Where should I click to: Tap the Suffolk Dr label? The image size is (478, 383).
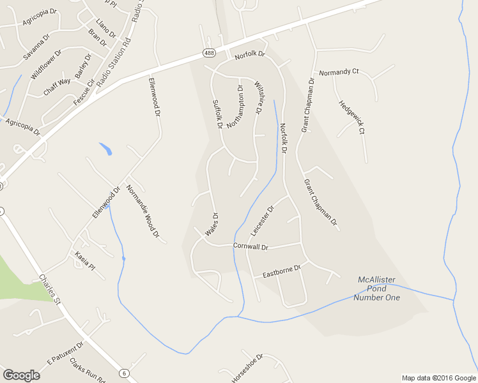(218, 113)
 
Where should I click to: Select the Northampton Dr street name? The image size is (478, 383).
(235, 107)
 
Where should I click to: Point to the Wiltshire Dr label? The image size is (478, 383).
(259, 98)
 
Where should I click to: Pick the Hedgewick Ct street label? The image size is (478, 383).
(352, 117)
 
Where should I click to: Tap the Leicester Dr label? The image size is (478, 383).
(262, 221)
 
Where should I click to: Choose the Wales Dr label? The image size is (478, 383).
(212, 226)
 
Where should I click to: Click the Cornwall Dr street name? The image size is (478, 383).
(251, 246)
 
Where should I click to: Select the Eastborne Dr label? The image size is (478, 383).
(281, 271)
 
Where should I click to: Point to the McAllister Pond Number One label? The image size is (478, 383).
(379, 289)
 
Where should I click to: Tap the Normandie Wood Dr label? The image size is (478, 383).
(143, 211)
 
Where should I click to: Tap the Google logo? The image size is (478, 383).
(21, 375)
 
